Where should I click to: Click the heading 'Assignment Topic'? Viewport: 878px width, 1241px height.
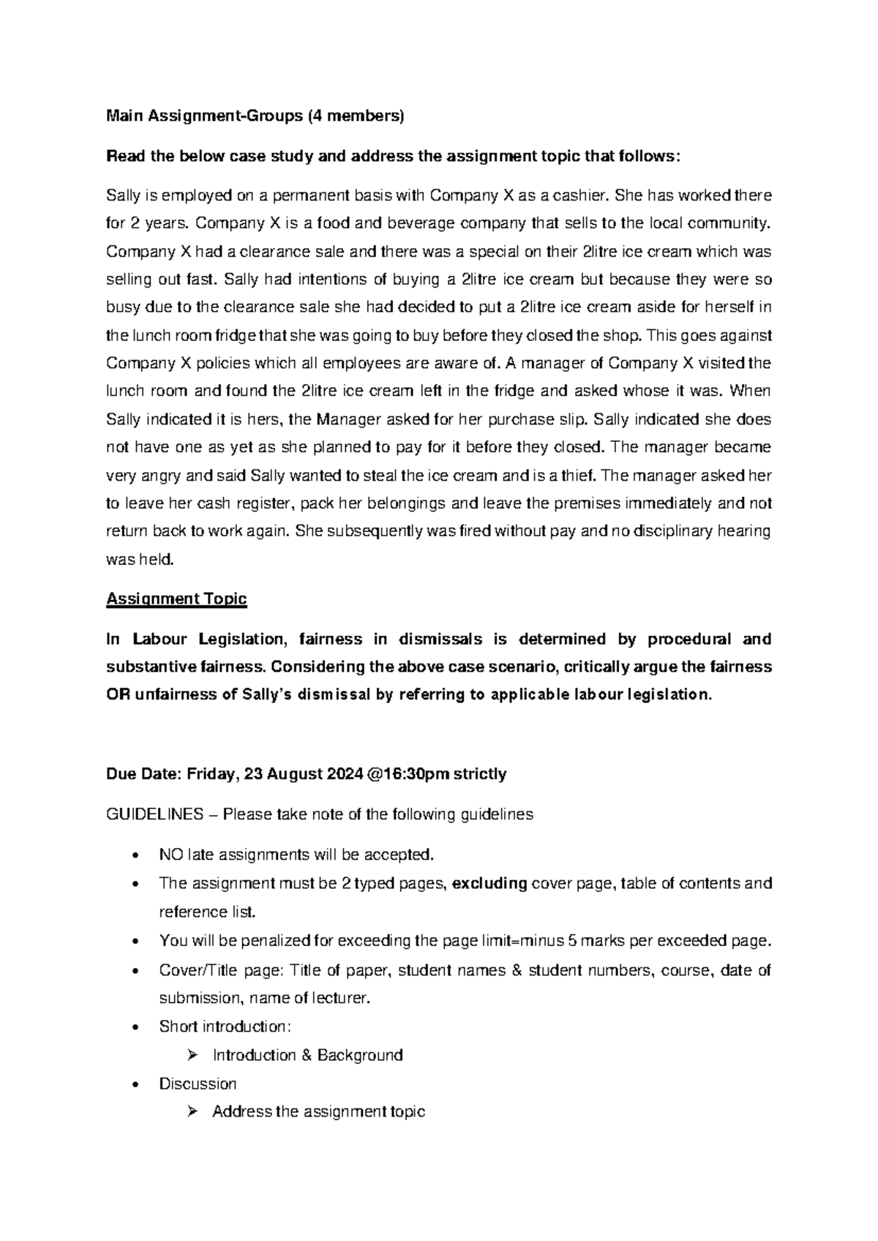[176, 599]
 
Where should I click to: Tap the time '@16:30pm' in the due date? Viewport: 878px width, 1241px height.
[405, 773]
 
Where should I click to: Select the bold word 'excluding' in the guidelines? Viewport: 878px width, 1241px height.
[490, 883]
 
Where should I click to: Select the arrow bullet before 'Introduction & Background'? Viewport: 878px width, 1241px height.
[192, 1055]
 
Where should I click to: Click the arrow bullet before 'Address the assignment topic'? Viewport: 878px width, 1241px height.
[192, 1112]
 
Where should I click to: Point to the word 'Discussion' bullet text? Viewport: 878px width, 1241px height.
[198, 1084]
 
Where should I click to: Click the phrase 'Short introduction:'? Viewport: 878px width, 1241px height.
[225, 1027]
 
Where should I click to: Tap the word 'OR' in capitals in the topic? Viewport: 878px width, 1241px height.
[117, 694]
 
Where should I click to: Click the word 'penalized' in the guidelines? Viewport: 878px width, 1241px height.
[263, 940]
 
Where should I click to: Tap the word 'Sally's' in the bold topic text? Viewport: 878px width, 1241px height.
[267, 694]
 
